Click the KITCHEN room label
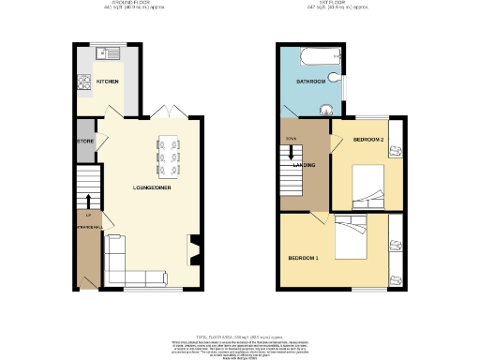(108, 82)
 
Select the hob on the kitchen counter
(82, 81)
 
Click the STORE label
(85, 142)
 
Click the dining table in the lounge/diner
(171, 157)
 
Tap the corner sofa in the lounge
(122, 266)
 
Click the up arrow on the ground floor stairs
(87, 201)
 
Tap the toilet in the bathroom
(329, 107)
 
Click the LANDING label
(304, 166)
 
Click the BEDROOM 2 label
(368, 140)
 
